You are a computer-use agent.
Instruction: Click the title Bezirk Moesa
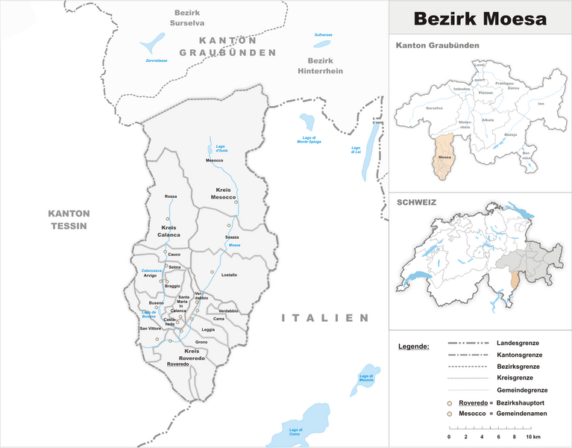point(480,19)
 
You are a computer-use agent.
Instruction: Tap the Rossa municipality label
point(171,196)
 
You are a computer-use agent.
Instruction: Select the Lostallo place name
point(229,275)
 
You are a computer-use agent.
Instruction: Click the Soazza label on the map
point(232,237)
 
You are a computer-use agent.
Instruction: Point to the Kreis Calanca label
point(170,231)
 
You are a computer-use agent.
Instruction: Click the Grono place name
point(201,342)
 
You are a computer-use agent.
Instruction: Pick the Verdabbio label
point(228,311)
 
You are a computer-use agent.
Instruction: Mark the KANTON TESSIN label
point(67,219)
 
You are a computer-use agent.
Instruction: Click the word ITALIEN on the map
point(325,318)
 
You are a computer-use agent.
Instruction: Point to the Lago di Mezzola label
point(365,378)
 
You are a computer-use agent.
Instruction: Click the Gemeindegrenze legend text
point(522,391)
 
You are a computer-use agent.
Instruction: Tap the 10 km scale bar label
point(531,436)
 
